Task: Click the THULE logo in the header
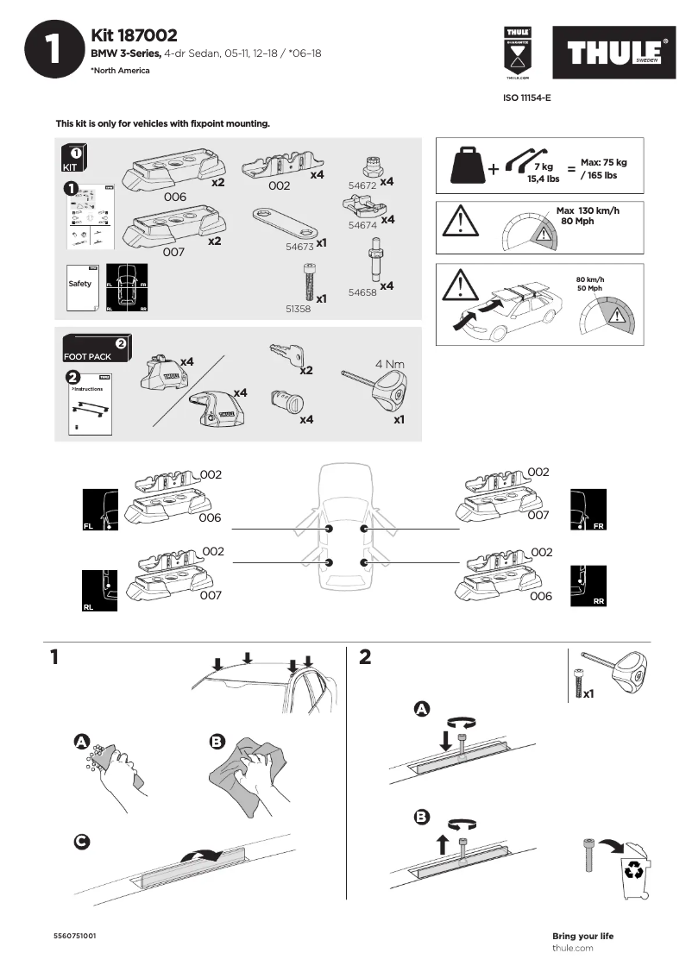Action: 614,53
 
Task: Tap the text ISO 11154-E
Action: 526,98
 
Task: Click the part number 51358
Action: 299,306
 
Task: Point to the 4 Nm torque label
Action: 390,364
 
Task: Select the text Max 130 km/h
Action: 588,211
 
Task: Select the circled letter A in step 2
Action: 422,709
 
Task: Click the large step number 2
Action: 364,658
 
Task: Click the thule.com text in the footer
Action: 572,948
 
